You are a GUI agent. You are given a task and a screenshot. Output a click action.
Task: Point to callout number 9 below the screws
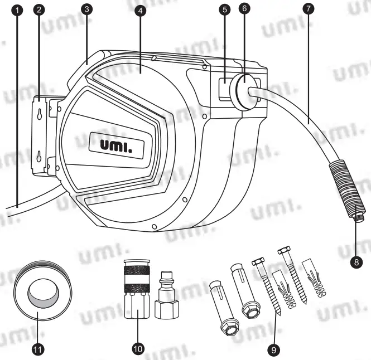273,349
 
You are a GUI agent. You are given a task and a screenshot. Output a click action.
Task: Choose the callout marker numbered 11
37,349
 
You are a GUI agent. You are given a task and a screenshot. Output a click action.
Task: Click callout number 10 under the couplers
138,349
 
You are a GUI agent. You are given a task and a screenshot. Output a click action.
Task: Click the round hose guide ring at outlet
246,89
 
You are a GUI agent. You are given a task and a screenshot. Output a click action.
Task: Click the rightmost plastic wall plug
315,279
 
